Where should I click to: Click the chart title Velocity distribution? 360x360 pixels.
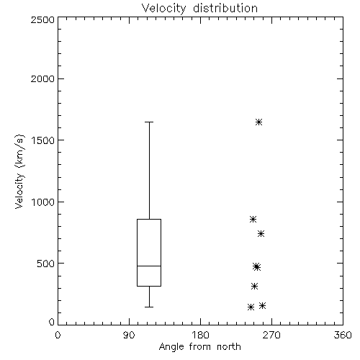point(199,9)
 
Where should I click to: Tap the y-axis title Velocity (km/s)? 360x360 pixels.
point(19,171)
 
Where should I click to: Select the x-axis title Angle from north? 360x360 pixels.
point(199,347)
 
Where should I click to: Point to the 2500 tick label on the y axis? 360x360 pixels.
point(42,19)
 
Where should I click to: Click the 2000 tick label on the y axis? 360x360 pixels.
point(42,78)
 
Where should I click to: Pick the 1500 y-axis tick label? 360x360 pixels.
point(43,140)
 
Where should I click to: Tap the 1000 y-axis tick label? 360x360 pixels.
point(43,202)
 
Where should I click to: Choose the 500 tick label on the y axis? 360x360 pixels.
point(46,264)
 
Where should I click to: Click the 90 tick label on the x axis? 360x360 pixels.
point(129,335)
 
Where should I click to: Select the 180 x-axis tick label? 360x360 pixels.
point(200,335)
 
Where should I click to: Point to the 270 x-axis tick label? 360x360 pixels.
point(271,335)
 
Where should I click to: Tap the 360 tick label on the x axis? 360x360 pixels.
point(343,335)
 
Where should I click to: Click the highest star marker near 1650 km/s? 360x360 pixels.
point(258,122)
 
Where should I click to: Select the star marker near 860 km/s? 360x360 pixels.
point(253,219)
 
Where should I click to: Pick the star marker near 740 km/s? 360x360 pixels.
point(261,233)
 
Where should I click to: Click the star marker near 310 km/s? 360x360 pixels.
point(254,286)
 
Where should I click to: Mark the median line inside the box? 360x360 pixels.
point(149,266)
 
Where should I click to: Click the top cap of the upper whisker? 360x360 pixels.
point(149,122)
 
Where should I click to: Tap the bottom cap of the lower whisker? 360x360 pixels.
point(149,307)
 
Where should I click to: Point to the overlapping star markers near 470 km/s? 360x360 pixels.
point(256,266)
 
